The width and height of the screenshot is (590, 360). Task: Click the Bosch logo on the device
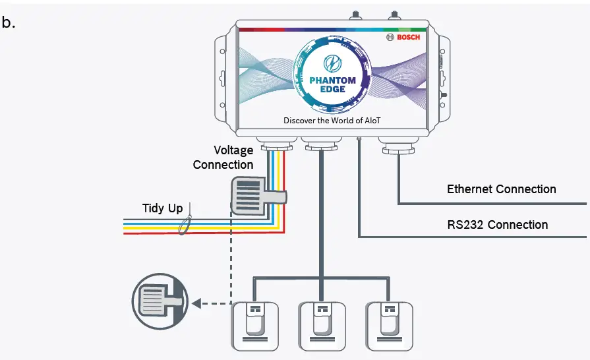point(403,37)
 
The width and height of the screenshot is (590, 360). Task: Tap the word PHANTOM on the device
point(332,80)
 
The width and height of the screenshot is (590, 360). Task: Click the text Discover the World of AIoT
point(332,121)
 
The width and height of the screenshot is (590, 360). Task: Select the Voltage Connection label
point(223,157)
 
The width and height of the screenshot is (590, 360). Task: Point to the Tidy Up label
point(163,208)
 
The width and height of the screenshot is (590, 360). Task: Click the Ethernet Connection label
point(501,189)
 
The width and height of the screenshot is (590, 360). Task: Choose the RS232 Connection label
point(498,225)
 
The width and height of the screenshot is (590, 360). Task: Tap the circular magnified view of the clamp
point(160,301)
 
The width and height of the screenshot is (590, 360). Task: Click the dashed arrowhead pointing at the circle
point(196,303)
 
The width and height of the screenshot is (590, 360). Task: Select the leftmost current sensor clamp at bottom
point(255,326)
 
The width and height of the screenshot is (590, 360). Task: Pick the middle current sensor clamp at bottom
point(322,326)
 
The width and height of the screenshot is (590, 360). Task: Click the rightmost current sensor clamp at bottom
point(390,326)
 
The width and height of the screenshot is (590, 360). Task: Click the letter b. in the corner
point(9,22)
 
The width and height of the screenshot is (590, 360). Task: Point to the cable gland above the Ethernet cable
point(398,146)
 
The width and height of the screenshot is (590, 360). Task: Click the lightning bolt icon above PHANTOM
point(333,63)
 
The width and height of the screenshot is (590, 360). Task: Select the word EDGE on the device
point(333,89)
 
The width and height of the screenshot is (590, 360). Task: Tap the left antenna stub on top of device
point(355,15)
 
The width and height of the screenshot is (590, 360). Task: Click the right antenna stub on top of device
point(394,15)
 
